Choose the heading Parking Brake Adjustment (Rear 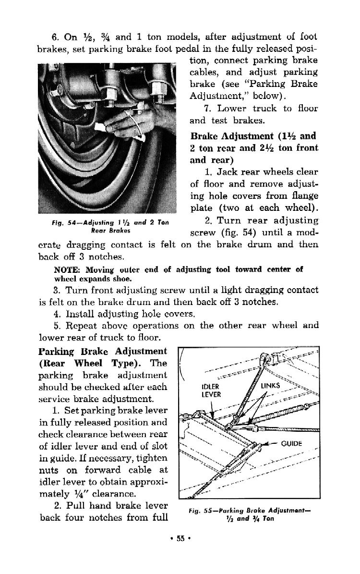point(103,351)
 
